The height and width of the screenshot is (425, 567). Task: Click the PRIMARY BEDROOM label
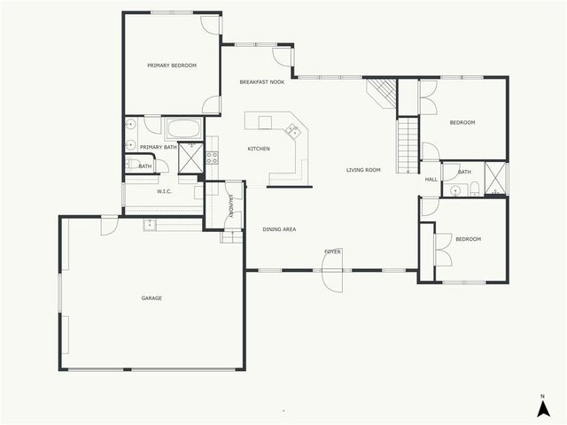[172, 66]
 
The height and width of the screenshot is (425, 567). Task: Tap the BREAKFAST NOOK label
[262, 82]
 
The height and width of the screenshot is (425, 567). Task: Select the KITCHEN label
[259, 149]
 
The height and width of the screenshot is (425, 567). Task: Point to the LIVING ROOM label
[363, 170]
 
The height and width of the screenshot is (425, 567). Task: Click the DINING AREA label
[279, 229]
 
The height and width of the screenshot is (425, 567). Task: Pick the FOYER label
[332, 252]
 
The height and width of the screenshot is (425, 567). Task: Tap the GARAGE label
[151, 298]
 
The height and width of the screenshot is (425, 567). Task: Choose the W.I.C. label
[164, 191]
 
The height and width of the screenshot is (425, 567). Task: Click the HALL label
[431, 180]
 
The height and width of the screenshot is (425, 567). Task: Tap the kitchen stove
[213, 158]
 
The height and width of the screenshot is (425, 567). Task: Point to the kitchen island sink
[291, 132]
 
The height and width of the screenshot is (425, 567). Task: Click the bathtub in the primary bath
[184, 129]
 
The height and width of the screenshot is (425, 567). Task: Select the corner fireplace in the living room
[382, 90]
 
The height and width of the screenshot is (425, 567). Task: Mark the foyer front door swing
[333, 281]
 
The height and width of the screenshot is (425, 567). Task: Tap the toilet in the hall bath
[475, 187]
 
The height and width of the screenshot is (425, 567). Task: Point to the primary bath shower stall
[191, 160]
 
